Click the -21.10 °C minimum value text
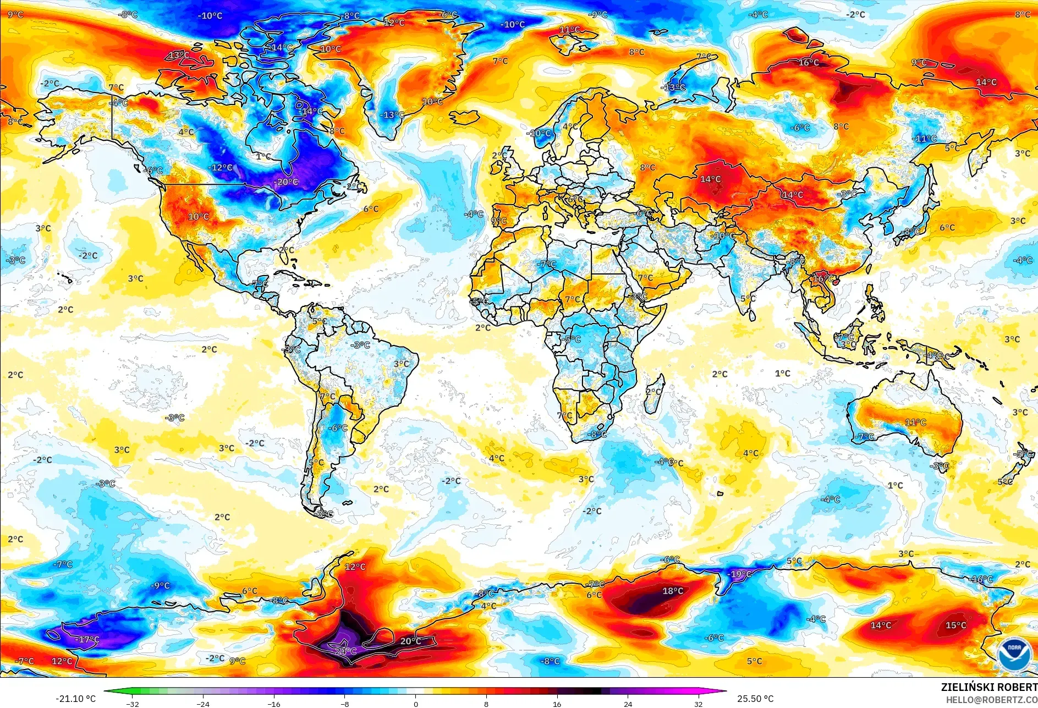[75, 699]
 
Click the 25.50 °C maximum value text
[755, 699]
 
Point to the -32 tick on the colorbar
[133, 704]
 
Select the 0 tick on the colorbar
[415, 704]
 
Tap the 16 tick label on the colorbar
[557, 704]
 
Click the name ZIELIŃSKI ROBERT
[988, 687]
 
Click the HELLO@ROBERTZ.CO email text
[991, 700]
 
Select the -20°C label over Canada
[286, 182]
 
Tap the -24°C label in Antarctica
[345, 651]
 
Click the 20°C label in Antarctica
[410, 641]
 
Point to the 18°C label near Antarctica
[672, 591]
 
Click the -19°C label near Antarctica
[740, 574]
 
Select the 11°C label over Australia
[915, 422]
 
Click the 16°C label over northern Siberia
[809, 62]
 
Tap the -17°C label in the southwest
[87, 640]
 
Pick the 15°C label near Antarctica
[955, 625]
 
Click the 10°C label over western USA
[198, 217]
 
